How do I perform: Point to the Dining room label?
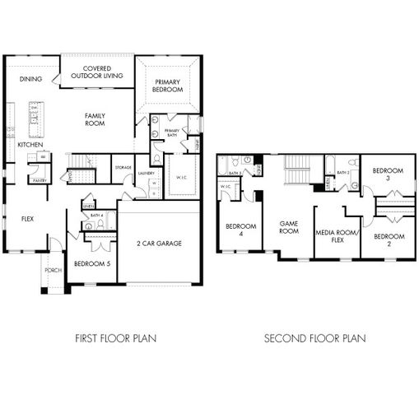coord(30,79)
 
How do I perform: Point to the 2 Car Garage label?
coord(160,244)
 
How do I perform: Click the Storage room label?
coord(123,167)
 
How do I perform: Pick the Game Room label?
coord(288,227)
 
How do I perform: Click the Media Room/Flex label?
coord(337,237)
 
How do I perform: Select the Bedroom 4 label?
coord(241,230)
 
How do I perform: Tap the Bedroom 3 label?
coord(388,174)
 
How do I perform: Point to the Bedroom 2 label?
coord(388,240)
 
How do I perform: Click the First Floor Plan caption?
coord(115,338)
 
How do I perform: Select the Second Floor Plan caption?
coord(315,338)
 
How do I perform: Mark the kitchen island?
coord(36,120)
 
